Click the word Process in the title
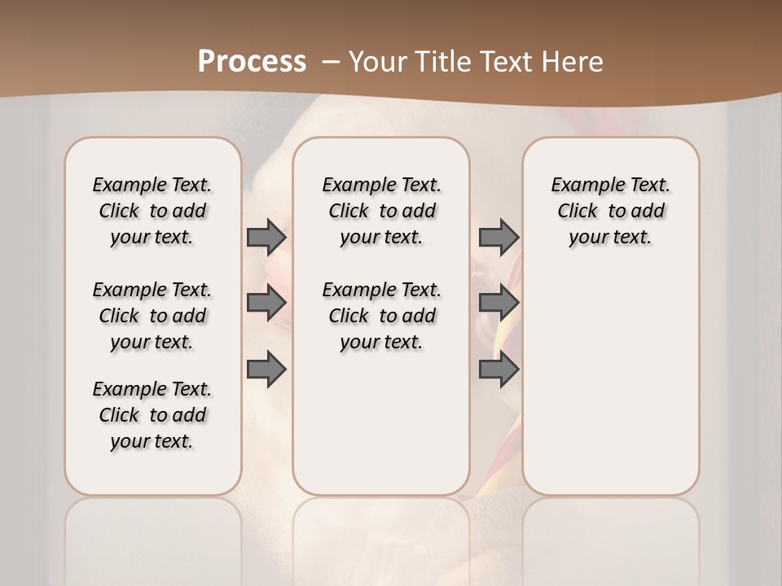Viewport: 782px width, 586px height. click(252, 62)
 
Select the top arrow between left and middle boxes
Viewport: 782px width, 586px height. click(266, 237)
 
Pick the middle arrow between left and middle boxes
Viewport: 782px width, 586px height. click(266, 303)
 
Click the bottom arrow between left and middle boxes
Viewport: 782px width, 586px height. click(266, 370)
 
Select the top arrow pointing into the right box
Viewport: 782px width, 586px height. click(499, 237)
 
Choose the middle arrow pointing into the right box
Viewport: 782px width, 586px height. click(499, 303)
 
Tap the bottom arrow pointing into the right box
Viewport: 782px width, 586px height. click(499, 370)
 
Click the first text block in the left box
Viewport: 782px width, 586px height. click(152, 211)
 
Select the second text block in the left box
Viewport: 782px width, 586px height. click(152, 316)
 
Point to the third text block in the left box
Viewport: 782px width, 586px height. click(152, 415)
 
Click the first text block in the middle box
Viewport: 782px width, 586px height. click(381, 211)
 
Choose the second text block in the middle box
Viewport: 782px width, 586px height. click(381, 316)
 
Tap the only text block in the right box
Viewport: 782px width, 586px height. click(610, 211)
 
